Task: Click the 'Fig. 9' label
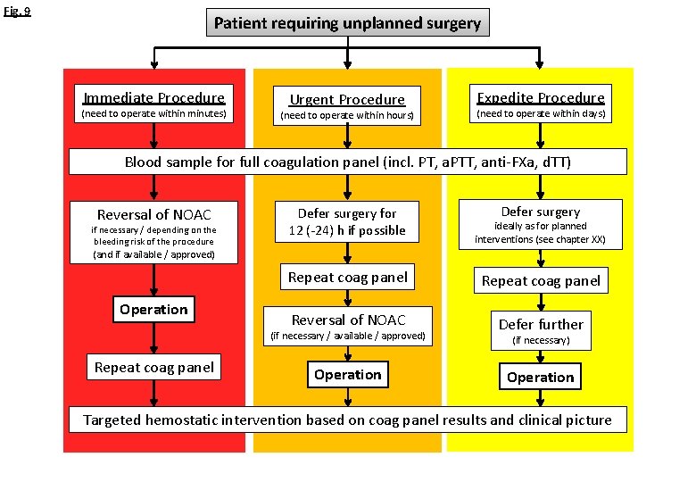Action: pyautogui.click(x=16, y=12)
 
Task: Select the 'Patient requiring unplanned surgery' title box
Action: pyautogui.click(x=348, y=23)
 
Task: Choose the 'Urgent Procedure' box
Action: pyautogui.click(x=347, y=106)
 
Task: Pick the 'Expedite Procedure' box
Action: pyautogui.click(x=540, y=104)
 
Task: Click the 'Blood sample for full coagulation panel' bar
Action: pyautogui.click(x=348, y=162)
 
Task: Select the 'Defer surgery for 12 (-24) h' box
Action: pyautogui.click(x=347, y=221)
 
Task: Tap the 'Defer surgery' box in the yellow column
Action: pyautogui.click(x=540, y=225)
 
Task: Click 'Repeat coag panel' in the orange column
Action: pyautogui.click(x=347, y=277)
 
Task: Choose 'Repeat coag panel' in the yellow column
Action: pyautogui.click(x=540, y=280)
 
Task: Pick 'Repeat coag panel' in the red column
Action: pyautogui.click(x=154, y=367)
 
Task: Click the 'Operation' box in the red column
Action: pyautogui.click(x=154, y=310)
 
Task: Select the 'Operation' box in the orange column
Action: pyautogui.click(x=347, y=375)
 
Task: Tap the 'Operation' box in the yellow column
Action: pyautogui.click(x=540, y=377)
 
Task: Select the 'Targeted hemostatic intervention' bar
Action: pyautogui.click(x=348, y=420)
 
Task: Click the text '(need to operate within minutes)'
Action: pyautogui.click(x=154, y=114)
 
